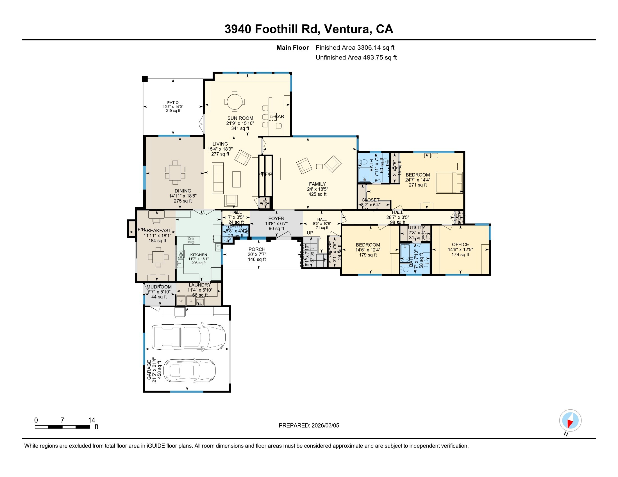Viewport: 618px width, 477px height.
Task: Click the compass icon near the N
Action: tap(570, 421)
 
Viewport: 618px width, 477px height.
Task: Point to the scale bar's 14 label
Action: tap(91, 420)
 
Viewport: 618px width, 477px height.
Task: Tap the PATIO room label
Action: tap(172, 103)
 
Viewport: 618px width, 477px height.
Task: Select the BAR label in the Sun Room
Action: tap(279, 116)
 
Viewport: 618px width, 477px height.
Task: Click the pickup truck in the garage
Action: tap(188, 337)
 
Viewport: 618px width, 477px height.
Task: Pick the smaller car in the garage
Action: tap(190, 371)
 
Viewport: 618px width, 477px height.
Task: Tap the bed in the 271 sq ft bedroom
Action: tap(449, 183)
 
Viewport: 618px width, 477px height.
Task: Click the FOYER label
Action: tap(276, 218)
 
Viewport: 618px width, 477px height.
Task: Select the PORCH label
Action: tap(257, 249)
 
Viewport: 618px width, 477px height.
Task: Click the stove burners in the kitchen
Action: tap(191, 240)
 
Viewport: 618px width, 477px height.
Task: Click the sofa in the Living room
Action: tap(218, 178)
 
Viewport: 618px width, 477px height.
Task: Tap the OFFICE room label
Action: tap(460, 244)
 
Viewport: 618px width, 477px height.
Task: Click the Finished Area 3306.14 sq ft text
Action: tap(355, 48)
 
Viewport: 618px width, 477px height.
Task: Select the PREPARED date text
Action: tap(309, 425)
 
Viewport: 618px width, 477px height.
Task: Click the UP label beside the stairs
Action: tap(310, 233)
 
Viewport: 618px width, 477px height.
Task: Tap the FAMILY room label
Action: tap(317, 184)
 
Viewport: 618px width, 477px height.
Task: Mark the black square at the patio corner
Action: tap(145, 79)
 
